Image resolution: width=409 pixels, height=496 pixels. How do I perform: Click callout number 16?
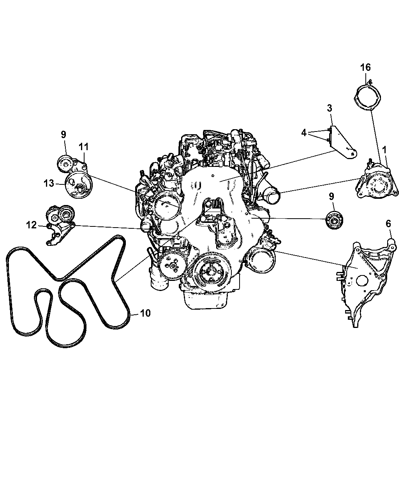pos(365,67)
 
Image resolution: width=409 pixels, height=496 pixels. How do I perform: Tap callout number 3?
pos(329,108)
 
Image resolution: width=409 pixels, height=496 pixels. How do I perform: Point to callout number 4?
pos(304,133)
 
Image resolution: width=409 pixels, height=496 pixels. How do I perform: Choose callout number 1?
pos(384,150)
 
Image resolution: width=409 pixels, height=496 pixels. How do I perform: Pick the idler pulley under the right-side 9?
pos(335,220)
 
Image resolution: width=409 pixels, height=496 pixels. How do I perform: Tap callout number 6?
pos(388,224)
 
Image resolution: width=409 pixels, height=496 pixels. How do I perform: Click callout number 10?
pos(145,313)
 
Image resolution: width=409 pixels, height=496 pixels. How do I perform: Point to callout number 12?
pos(32,225)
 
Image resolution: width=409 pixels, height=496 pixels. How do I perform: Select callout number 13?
pos(49,183)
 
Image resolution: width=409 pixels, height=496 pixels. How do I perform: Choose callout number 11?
pos(83,147)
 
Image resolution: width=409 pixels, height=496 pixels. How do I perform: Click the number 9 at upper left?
pos(63,135)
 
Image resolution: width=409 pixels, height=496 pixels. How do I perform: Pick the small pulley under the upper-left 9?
pos(65,163)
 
